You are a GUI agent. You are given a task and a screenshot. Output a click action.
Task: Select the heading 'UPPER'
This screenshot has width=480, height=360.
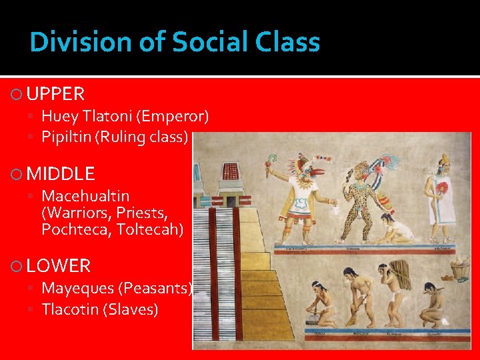coord(55,93)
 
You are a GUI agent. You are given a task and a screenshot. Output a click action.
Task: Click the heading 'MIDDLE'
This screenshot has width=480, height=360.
coord(61,174)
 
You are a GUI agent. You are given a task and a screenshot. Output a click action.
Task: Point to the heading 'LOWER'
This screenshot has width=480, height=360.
coord(58,265)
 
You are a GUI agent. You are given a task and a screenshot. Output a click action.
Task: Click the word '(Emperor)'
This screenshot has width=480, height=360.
coord(172,117)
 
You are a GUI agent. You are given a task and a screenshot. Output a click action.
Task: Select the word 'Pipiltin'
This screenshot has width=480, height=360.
coord(66,137)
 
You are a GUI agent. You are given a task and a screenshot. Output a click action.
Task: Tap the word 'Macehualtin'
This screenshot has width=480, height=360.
coord(85,196)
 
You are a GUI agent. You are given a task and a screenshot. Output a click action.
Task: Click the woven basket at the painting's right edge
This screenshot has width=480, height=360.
coord(460,269)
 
